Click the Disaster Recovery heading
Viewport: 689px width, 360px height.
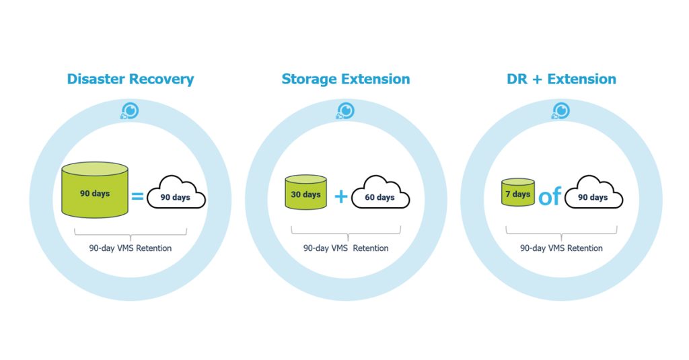click(x=131, y=79)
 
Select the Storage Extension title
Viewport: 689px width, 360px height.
click(x=346, y=79)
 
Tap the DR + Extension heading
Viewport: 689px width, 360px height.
click(x=562, y=79)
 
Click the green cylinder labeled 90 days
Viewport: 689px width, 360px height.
click(x=95, y=190)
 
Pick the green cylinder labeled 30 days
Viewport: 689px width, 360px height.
click(x=306, y=192)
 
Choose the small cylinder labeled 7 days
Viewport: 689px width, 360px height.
click(x=518, y=192)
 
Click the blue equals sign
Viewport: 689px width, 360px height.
click(x=137, y=196)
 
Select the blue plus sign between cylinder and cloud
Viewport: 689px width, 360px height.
click(x=341, y=196)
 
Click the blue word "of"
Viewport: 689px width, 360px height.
click(x=550, y=196)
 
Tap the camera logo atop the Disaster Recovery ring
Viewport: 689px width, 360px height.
click(x=130, y=111)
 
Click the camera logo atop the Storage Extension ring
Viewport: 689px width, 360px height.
click(x=345, y=111)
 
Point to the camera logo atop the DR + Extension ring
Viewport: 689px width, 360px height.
click(x=561, y=111)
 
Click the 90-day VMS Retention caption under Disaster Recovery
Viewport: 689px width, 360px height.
click(x=131, y=248)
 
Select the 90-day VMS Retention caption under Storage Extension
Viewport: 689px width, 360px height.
click(x=346, y=248)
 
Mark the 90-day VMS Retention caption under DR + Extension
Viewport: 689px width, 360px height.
click(x=562, y=248)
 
